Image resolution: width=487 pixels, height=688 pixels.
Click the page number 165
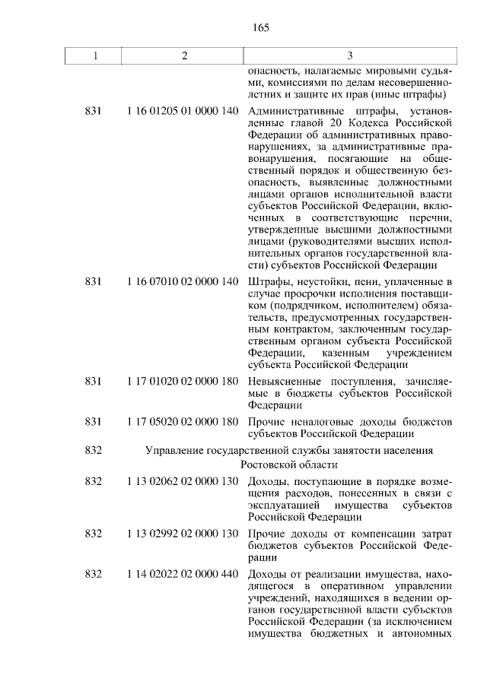pyautogui.click(x=261, y=28)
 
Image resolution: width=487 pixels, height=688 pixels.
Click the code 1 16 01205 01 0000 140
pyautogui.click(x=183, y=112)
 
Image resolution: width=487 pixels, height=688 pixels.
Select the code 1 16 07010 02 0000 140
pyautogui.click(x=183, y=282)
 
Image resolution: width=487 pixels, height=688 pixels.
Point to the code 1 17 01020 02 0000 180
pyautogui.click(x=183, y=380)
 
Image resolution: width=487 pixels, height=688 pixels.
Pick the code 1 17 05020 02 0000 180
pyautogui.click(x=183, y=421)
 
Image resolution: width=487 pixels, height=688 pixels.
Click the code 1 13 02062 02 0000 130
pyautogui.click(x=183, y=482)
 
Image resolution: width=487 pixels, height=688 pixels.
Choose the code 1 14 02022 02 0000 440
pyautogui.click(x=183, y=573)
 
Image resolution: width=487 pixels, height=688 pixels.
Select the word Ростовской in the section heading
pyautogui.click(x=267, y=464)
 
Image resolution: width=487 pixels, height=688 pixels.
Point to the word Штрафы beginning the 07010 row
pyautogui.click(x=266, y=282)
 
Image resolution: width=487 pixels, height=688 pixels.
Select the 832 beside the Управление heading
pyautogui.click(x=94, y=450)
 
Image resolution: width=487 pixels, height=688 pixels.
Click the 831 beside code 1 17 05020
pyautogui.click(x=94, y=421)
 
